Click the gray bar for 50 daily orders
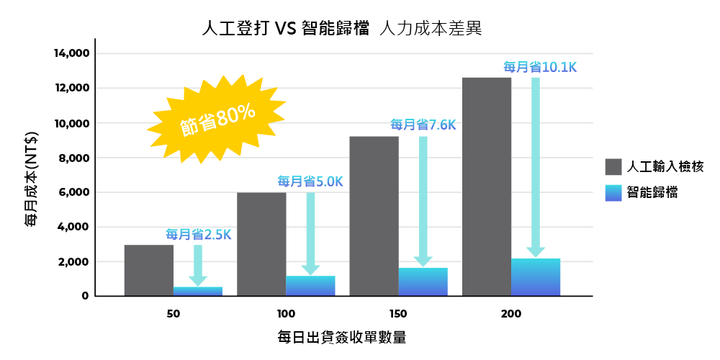pyautogui.click(x=148, y=270)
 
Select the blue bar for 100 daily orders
pyautogui.click(x=310, y=286)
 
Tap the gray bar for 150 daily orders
pyautogui.click(x=374, y=216)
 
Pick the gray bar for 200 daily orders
pyautogui.click(x=487, y=186)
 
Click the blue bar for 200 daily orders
pyautogui.click(x=536, y=277)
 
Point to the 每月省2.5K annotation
pyautogui.click(x=199, y=234)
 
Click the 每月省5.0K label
pyautogui.click(x=310, y=181)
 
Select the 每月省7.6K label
pyautogui.click(x=423, y=125)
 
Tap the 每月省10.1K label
pyautogui.click(x=540, y=67)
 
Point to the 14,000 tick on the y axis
pyautogui.click(x=71, y=53)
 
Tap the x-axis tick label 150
pyautogui.click(x=397, y=315)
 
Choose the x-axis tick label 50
pyautogui.click(x=173, y=315)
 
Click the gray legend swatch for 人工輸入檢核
pyautogui.click(x=613, y=167)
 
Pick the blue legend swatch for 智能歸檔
pyautogui.click(x=613, y=192)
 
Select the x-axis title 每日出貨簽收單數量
pyautogui.click(x=341, y=337)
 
